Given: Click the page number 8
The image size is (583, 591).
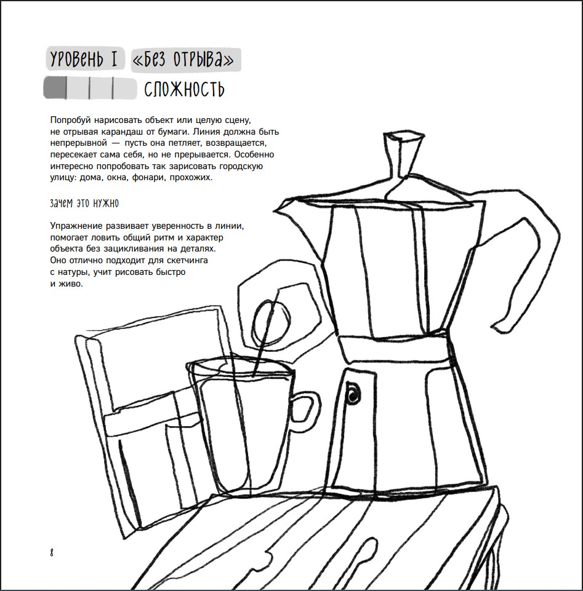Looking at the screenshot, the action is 52,553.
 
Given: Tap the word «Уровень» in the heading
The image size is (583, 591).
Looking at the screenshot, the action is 76,60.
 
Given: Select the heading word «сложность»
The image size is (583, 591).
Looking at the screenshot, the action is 184,90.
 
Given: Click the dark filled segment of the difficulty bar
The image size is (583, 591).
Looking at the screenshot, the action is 55,88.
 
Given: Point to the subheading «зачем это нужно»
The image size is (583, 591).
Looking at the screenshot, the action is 84,204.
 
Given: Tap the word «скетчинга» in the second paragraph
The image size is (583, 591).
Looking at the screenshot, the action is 187,260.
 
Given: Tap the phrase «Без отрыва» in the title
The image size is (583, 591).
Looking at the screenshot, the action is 185,60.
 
